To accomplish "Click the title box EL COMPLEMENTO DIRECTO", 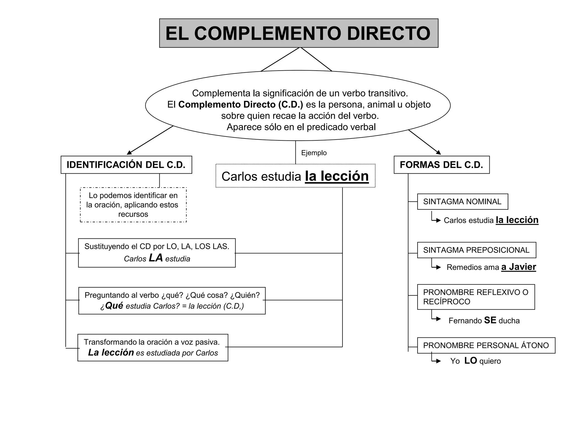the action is pyautogui.click(x=299, y=33).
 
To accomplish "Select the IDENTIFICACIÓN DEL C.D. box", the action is pyautogui.click(x=126, y=165).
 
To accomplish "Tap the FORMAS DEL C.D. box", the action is pyautogui.click(x=441, y=165).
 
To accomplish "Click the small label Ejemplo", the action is pyautogui.click(x=314, y=153).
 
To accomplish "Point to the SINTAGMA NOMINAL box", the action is pyautogui.click(x=462, y=202).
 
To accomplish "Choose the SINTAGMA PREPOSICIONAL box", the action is pyautogui.click(x=476, y=250).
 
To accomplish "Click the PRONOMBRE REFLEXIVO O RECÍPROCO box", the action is pyautogui.click(x=476, y=297).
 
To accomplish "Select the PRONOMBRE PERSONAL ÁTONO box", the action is pyautogui.click(x=486, y=345).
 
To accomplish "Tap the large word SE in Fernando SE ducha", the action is pyautogui.click(x=490, y=320).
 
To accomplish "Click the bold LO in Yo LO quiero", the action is pyautogui.click(x=471, y=360).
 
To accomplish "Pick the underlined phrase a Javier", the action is pyautogui.click(x=518, y=267).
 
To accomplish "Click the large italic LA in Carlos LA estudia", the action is pyautogui.click(x=156, y=258).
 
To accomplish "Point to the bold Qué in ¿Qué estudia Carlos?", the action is pyautogui.click(x=114, y=306).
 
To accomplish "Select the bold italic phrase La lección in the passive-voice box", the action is pyautogui.click(x=111, y=352).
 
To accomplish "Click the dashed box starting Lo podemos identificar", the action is pyautogui.click(x=133, y=205).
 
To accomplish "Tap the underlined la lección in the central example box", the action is pyautogui.click(x=337, y=176).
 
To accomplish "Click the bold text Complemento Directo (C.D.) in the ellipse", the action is pyautogui.click(x=241, y=105).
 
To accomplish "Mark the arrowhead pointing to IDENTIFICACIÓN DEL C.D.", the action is pyautogui.click(x=129, y=153).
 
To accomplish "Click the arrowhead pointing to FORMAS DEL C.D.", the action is pyautogui.click(x=439, y=152).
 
